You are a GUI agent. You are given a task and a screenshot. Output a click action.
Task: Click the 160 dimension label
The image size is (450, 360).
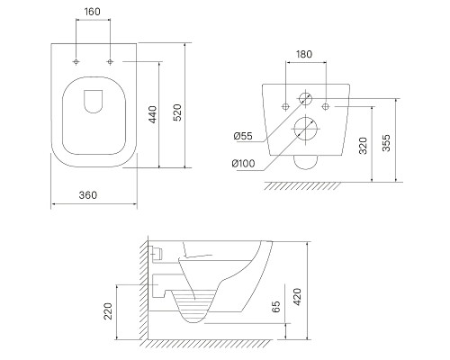pyautogui.click(x=93, y=12)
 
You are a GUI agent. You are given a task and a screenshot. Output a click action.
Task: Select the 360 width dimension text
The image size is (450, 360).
pyautogui.click(x=88, y=195)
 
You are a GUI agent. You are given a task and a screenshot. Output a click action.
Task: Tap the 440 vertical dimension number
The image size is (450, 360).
pyautogui.click(x=153, y=114)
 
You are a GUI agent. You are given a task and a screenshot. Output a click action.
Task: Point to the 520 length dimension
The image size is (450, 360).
pyautogui.click(x=178, y=112)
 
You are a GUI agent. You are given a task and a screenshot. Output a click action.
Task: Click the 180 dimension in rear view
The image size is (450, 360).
pyautogui.click(x=304, y=54)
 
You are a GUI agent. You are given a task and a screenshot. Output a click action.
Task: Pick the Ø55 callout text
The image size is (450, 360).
pyautogui.click(x=243, y=136)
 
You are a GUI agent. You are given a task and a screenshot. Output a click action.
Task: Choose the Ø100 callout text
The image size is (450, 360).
pyautogui.click(x=243, y=164)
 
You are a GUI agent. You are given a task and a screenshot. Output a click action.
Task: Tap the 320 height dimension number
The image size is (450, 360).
pyautogui.click(x=363, y=146)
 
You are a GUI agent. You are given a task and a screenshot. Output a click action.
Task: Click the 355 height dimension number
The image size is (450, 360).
pyautogui.click(x=387, y=143)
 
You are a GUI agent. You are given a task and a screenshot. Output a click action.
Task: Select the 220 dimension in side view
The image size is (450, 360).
pyautogui.click(x=108, y=311)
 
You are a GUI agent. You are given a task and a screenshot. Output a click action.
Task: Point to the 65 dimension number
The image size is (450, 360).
pyautogui.click(x=276, y=307)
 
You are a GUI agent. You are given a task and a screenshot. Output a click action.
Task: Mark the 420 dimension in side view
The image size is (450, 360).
pyautogui.click(x=297, y=297)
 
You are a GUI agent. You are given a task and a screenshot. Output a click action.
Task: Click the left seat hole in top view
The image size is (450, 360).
pyautogui.click(x=76, y=62)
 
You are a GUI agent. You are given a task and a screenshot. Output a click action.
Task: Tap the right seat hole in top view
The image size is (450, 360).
pyautogui.click(x=110, y=62)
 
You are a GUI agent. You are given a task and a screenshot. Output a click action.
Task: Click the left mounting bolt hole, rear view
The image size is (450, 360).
pyautogui.click(x=285, y=106)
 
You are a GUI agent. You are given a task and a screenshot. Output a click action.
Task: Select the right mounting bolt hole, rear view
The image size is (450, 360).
pyautogui.click(x=326, y=106)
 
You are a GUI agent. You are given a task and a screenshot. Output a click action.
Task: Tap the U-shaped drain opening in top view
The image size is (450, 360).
pyautogui.click(x=85, y=102)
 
